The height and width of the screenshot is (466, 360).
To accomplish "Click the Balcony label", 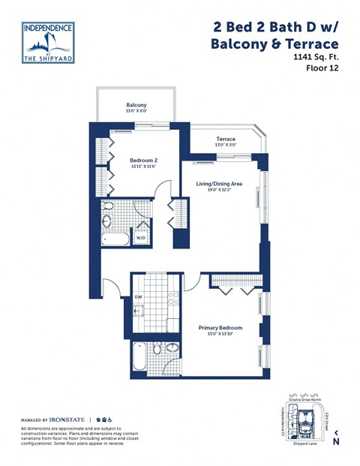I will point(136,105).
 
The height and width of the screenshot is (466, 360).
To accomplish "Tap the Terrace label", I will point(226,139).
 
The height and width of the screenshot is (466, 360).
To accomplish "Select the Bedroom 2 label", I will point(143,160).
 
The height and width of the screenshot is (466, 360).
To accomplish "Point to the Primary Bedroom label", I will point(220,328).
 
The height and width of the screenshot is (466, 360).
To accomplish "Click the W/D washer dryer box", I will point(141,238).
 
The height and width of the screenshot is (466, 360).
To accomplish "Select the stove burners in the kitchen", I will point(172,297).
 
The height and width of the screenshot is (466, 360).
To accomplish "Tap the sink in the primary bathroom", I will point(172,347).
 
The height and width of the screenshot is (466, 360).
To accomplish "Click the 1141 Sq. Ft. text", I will point(316,56).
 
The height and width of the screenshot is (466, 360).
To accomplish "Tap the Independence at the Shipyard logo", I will point(48,42).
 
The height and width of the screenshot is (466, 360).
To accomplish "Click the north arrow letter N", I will point(336,441).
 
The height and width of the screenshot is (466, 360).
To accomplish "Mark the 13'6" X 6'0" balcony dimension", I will point(136,112).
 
